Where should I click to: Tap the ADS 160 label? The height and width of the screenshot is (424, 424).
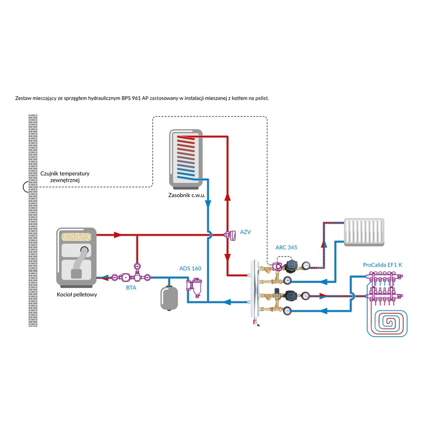coord(190,268)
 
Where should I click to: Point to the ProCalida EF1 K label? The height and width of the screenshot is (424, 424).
coord(382,265)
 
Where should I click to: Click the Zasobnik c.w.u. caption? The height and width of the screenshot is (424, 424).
coord(187,196)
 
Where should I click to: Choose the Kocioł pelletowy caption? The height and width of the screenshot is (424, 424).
coord(77,294)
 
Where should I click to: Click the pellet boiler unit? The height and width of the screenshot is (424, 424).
coord(76,257)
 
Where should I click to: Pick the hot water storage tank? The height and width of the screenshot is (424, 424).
coord(186,159)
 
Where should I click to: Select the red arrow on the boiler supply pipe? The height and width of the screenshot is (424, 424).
coord(118,234)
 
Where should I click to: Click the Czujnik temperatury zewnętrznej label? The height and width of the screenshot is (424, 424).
coord(65,177)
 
